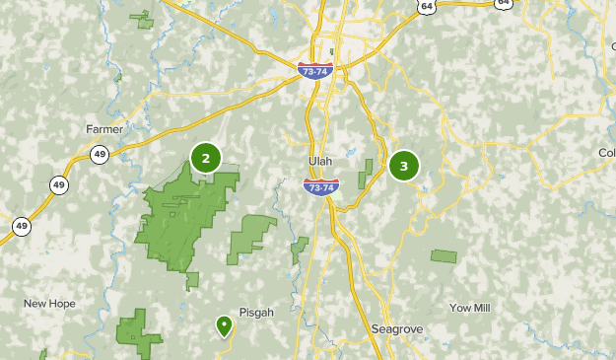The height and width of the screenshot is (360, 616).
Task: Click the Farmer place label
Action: click(103, 129)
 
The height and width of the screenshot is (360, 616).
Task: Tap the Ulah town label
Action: click(320, 162)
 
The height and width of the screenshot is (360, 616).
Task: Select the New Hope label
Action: click(48, 304)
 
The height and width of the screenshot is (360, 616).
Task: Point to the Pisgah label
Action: click(255, 312)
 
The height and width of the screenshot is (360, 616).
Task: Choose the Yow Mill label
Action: click(469, 308)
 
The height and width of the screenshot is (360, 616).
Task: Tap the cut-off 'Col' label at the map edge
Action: click(605, 152)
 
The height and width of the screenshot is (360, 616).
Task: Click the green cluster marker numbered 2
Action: click(205, 158)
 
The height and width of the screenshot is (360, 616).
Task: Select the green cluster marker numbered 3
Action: click(403, 166)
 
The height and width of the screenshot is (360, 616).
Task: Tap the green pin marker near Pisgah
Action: click(225, 324)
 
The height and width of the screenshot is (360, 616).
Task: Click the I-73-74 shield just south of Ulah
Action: click(320, 186)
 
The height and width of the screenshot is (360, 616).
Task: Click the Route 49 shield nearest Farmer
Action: click(100, 155)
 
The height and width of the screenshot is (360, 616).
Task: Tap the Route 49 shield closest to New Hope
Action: click(21, 226)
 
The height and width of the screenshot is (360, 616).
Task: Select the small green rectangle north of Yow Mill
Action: click(444, 256)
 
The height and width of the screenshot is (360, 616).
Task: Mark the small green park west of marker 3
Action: click(367, 173)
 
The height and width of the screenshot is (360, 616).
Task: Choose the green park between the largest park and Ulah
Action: click(250, 237)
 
